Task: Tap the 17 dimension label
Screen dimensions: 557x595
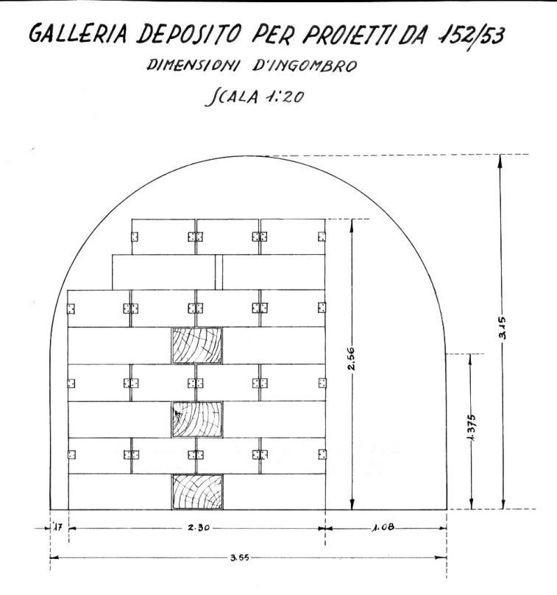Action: [58, 528]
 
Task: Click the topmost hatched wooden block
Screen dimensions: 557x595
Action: [196, 345]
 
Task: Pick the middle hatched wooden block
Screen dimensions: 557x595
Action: [196, 419]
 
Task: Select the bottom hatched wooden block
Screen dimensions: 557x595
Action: [196, 492]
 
